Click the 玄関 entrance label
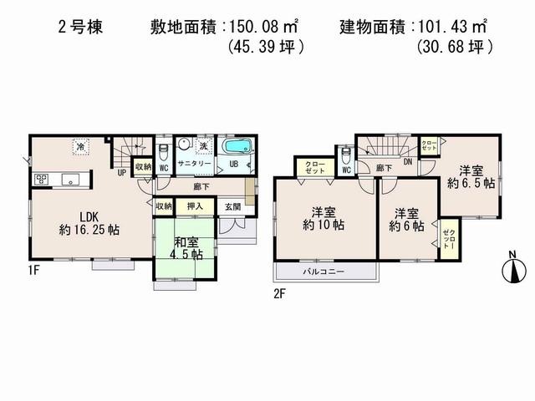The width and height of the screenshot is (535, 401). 231,206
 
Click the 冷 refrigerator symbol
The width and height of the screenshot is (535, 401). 81,146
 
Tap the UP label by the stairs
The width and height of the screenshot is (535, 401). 121,173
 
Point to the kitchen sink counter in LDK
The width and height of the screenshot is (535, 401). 56,178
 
